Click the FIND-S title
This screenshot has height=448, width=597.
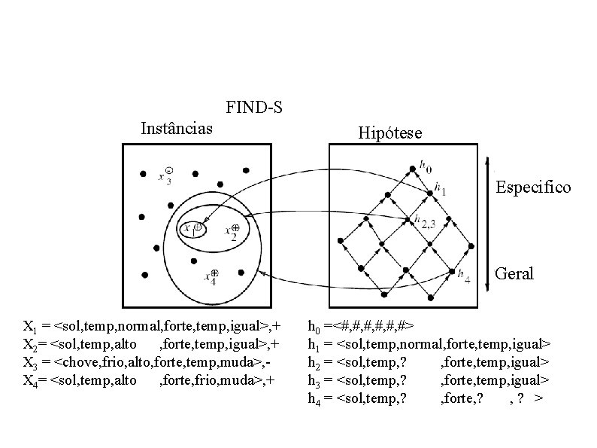(x=254, y=108)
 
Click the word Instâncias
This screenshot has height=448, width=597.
(x=177, y=128)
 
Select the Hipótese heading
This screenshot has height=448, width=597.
(x=389, y=133)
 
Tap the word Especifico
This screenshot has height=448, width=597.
(x=533, y=187)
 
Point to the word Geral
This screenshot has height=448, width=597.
(x=515, y=273)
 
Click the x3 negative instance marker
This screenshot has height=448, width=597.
(x=168, y=171)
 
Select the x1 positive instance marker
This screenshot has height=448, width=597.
(x=196, y=227)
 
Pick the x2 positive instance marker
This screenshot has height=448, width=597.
(x=235, y=228)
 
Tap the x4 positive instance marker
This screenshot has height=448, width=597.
(x=214, y=273)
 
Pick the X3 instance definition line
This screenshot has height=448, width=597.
(x=147, y=362)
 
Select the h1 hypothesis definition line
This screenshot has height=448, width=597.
(x=429, y=344)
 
